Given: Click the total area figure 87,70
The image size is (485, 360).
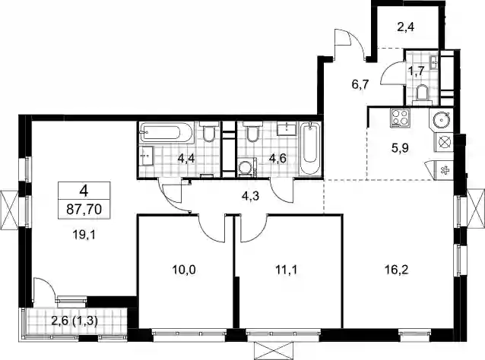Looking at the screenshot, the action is [x=84, y=210].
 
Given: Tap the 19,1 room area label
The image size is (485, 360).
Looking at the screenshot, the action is [x=84, y=235].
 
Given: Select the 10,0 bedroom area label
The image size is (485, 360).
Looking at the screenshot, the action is [x=184, y=270].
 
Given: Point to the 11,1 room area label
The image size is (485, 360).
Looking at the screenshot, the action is [x=286, y=270].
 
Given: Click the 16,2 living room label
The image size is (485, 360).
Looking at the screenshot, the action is [x=397, y=270].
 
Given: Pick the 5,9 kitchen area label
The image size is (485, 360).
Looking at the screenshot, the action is [x=400, y=148].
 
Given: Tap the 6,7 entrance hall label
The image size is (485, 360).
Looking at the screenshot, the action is [x=360, y=84].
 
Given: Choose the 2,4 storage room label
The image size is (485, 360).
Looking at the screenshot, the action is [x=405, y=27].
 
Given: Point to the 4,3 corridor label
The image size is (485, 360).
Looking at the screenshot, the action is [x=251, y=196].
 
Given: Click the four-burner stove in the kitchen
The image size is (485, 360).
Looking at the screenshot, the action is [x=401, y=118].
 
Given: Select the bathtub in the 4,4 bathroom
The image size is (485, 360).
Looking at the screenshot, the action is [x=166, y=133].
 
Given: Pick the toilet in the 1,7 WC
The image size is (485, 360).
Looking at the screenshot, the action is [x=422, y=93].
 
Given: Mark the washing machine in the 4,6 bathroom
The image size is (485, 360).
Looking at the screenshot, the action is [x=248, y=168].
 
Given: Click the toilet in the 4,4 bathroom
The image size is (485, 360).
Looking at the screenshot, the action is [x=209, y=131].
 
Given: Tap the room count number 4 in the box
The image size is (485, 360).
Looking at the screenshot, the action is [x=84, y=191].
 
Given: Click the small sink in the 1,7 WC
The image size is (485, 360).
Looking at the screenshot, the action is [x=434, y=63].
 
